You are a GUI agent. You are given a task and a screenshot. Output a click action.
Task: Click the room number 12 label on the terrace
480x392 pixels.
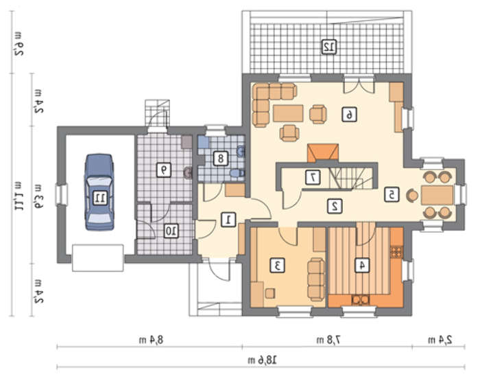(329, 47)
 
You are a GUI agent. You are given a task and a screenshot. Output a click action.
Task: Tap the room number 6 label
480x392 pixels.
(349, 115)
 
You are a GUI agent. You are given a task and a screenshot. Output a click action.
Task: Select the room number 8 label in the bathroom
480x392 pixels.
(220, 158)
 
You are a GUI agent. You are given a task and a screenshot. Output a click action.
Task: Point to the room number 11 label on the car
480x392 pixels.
(100, 198)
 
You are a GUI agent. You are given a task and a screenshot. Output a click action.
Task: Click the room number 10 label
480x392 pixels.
(171, 231)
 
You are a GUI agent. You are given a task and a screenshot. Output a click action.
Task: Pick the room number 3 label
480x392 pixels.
(278, 265)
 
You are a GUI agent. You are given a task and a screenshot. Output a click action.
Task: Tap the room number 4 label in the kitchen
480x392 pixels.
(362, 265)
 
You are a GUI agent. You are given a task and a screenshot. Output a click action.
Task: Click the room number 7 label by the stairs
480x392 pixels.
(313, 177)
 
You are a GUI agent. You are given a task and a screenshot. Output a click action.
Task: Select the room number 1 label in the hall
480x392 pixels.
(228, 220)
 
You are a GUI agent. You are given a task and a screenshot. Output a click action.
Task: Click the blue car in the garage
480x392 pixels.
(99, 192)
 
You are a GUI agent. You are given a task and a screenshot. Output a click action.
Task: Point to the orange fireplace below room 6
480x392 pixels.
(323, 152)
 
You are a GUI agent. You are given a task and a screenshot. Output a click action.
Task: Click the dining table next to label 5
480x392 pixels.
(437, 195)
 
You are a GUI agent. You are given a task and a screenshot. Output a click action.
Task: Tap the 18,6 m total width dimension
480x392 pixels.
(263, 360)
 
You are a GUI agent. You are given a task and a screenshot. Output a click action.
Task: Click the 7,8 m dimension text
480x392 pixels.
(328, 340)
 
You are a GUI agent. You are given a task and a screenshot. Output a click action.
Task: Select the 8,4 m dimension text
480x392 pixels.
(151, 340)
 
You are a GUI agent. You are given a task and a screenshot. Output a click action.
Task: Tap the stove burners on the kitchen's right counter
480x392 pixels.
(397, 252)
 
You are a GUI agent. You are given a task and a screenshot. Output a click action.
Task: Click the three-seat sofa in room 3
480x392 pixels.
(316, 279)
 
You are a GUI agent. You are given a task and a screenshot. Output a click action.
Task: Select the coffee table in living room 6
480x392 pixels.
(288, 113)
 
